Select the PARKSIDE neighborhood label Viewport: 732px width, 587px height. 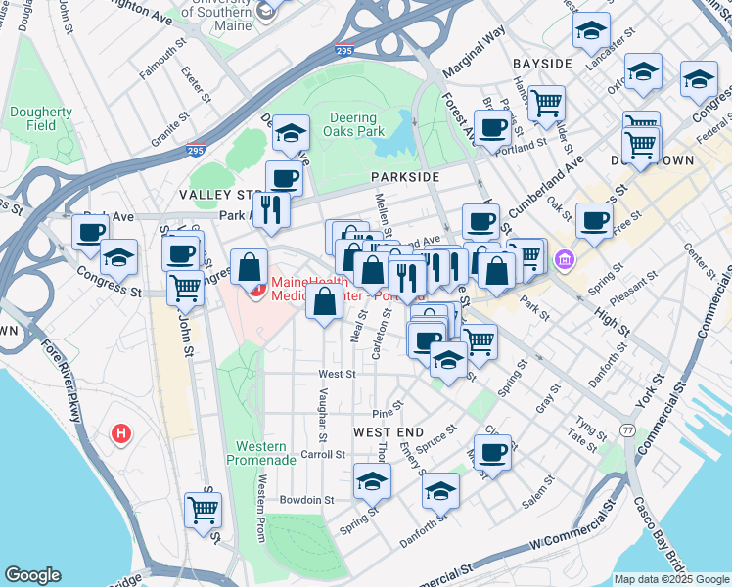pos(402,176)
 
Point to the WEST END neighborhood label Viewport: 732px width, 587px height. pos(388,431)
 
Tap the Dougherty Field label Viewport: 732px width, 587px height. pos(41,118)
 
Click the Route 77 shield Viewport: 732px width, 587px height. pos(627,430)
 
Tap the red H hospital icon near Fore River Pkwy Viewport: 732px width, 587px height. pos(121,432)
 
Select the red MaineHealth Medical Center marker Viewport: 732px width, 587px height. pos(255,290)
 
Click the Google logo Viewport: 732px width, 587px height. pos(32,575)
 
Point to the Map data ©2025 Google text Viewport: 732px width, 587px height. pos(671,579)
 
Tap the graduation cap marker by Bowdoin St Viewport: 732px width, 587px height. pos(372,481)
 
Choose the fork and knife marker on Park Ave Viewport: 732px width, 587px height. pos(270,209)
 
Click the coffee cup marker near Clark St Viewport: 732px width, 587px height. pos(493,452)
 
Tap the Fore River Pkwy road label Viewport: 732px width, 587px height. pos(74,410)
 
